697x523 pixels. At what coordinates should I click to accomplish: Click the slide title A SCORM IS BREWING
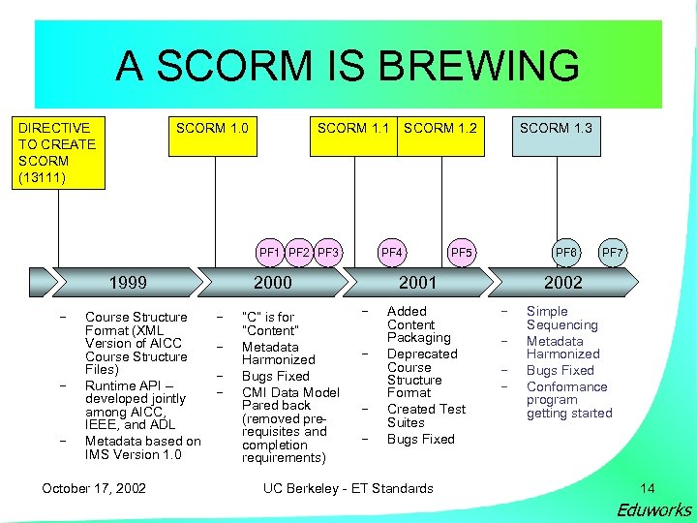click(348, 66)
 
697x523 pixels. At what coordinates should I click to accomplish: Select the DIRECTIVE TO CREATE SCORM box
click(57, 152)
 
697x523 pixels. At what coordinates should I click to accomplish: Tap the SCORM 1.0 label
click(212, 128)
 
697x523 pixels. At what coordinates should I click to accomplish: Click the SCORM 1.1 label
click(353, 128)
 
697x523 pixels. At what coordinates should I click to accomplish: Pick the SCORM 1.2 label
click(440, 128)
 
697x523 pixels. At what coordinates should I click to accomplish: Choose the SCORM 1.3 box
click(556, 128)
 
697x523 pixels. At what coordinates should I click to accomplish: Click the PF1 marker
click(269, 254)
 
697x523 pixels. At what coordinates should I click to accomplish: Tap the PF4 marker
click(392, 254)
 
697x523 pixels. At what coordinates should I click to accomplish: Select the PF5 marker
click(462, 254)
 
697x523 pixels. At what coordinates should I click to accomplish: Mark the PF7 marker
click(613, 254)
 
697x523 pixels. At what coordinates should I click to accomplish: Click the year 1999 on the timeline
click(128, 283)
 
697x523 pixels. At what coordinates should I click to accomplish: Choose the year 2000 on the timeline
click(272, 283)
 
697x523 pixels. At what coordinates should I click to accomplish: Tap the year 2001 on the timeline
click(418, 283)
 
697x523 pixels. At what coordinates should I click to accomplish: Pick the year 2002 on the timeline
click(563, 283)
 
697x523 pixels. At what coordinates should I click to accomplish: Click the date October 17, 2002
click(94, 488)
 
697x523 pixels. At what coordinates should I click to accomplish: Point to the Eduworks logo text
click(654, 509)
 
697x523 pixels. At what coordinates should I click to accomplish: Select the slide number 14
click(648, 488)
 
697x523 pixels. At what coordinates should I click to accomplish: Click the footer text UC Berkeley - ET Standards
click(348, 488)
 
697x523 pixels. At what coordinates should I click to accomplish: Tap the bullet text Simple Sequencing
click(562, 318)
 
